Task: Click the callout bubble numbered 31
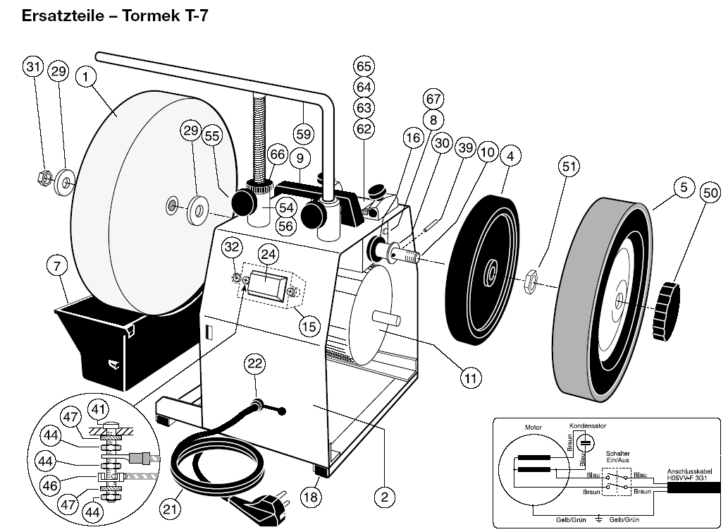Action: point(32,67)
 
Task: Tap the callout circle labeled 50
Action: point(710,192)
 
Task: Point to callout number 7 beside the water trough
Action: point(56,266)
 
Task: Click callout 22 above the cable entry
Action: point(255,363)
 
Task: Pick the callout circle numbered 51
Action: point(569,167)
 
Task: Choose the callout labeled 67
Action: point(433,99)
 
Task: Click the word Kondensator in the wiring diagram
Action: point(587,426)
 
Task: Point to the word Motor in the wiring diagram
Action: point(533,428)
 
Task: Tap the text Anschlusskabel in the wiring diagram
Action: point(689,472)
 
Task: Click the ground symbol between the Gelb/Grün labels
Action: point(599,520)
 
